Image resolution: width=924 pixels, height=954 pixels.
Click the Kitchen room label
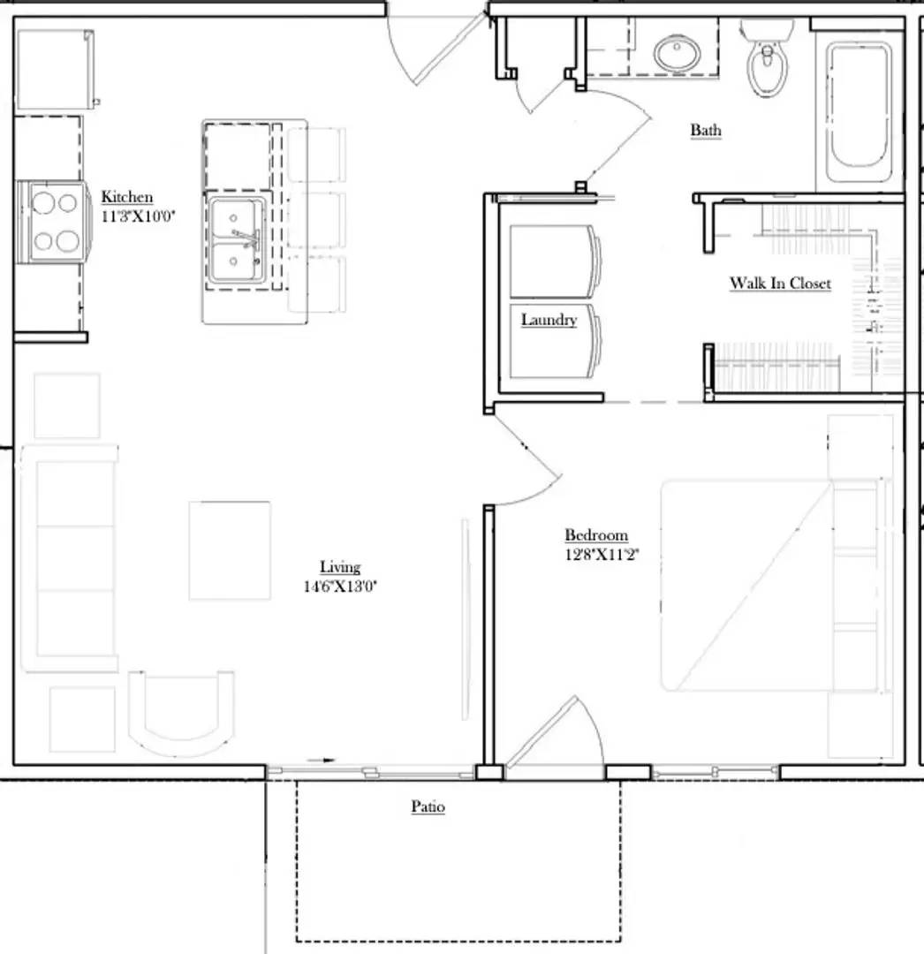point(127,197)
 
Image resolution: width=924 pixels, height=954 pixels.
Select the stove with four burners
point(53,222)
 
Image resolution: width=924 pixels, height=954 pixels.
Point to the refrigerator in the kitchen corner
point(55,70)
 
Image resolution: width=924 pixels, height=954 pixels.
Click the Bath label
point(705,131)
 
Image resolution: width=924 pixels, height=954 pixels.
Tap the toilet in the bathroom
point(765,62)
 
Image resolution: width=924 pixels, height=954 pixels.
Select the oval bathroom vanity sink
point(678,53)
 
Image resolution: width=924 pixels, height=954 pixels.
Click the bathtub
point(859,104)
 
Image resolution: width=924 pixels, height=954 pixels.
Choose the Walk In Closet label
point(779,284)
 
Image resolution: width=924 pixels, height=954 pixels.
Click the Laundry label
point(548,320)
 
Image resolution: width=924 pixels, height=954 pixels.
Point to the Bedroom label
point(596,535)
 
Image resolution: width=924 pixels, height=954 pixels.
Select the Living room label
point(339,567)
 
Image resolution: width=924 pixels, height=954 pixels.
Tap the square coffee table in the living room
point(230,550)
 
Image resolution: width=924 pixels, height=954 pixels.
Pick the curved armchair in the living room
point(182,711)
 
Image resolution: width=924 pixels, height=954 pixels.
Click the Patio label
point(428,806)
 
